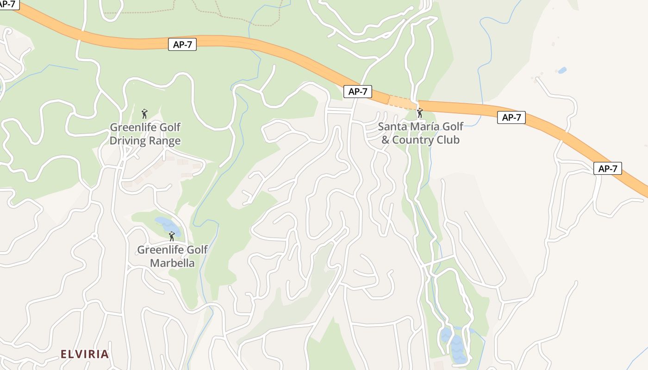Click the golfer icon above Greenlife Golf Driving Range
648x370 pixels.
144,114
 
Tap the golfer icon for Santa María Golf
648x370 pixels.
420,113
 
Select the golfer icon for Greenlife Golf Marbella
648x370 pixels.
172,236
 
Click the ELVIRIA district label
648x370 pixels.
85,354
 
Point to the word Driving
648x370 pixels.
127,141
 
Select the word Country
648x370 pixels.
413,140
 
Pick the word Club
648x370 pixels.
448,140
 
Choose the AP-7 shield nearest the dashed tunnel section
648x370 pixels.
358,92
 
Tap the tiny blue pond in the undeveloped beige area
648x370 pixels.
562,70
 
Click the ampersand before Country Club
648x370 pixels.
386,140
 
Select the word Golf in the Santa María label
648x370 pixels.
453,126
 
